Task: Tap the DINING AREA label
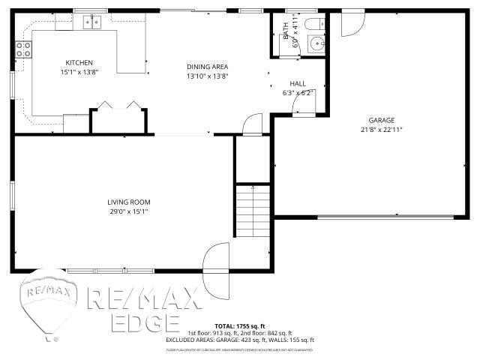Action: pos(206,66)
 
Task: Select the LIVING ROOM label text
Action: pos(129,202)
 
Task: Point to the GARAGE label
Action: pos(381,120)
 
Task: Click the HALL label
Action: pos(298,83)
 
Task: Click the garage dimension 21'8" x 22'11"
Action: pos(381,130)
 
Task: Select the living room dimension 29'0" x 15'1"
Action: pos(129,211)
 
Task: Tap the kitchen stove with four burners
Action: pos(23,49)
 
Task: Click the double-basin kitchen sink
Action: pos(92,22)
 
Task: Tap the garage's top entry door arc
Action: pos(350,25)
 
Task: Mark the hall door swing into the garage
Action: pos(304,104)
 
